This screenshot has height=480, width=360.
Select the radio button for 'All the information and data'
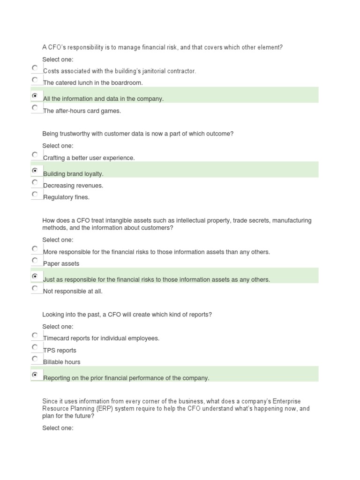[x=35, y=96]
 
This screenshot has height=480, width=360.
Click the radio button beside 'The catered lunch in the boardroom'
[x=35, y=80]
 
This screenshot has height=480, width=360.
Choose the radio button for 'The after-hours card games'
[x=35, y=108]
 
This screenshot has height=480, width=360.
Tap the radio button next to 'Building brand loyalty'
[x=35, y=171]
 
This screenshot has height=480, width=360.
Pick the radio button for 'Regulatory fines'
[x=35, y=194]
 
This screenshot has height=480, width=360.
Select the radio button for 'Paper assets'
[x=35, y=260]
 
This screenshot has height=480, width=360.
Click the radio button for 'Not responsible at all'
[x=35, y=288]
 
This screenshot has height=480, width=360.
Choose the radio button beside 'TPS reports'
[x=35, y=347]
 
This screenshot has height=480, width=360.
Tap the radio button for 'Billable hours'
[x=35, y=359]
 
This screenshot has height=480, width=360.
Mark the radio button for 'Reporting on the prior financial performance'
[x=35, y=375]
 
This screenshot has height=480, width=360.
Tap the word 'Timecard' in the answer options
[x=55, y=338]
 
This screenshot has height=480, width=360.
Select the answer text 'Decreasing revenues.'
[x=73, y=186]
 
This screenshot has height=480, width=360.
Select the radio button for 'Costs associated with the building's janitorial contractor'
[x=35, y=68]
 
